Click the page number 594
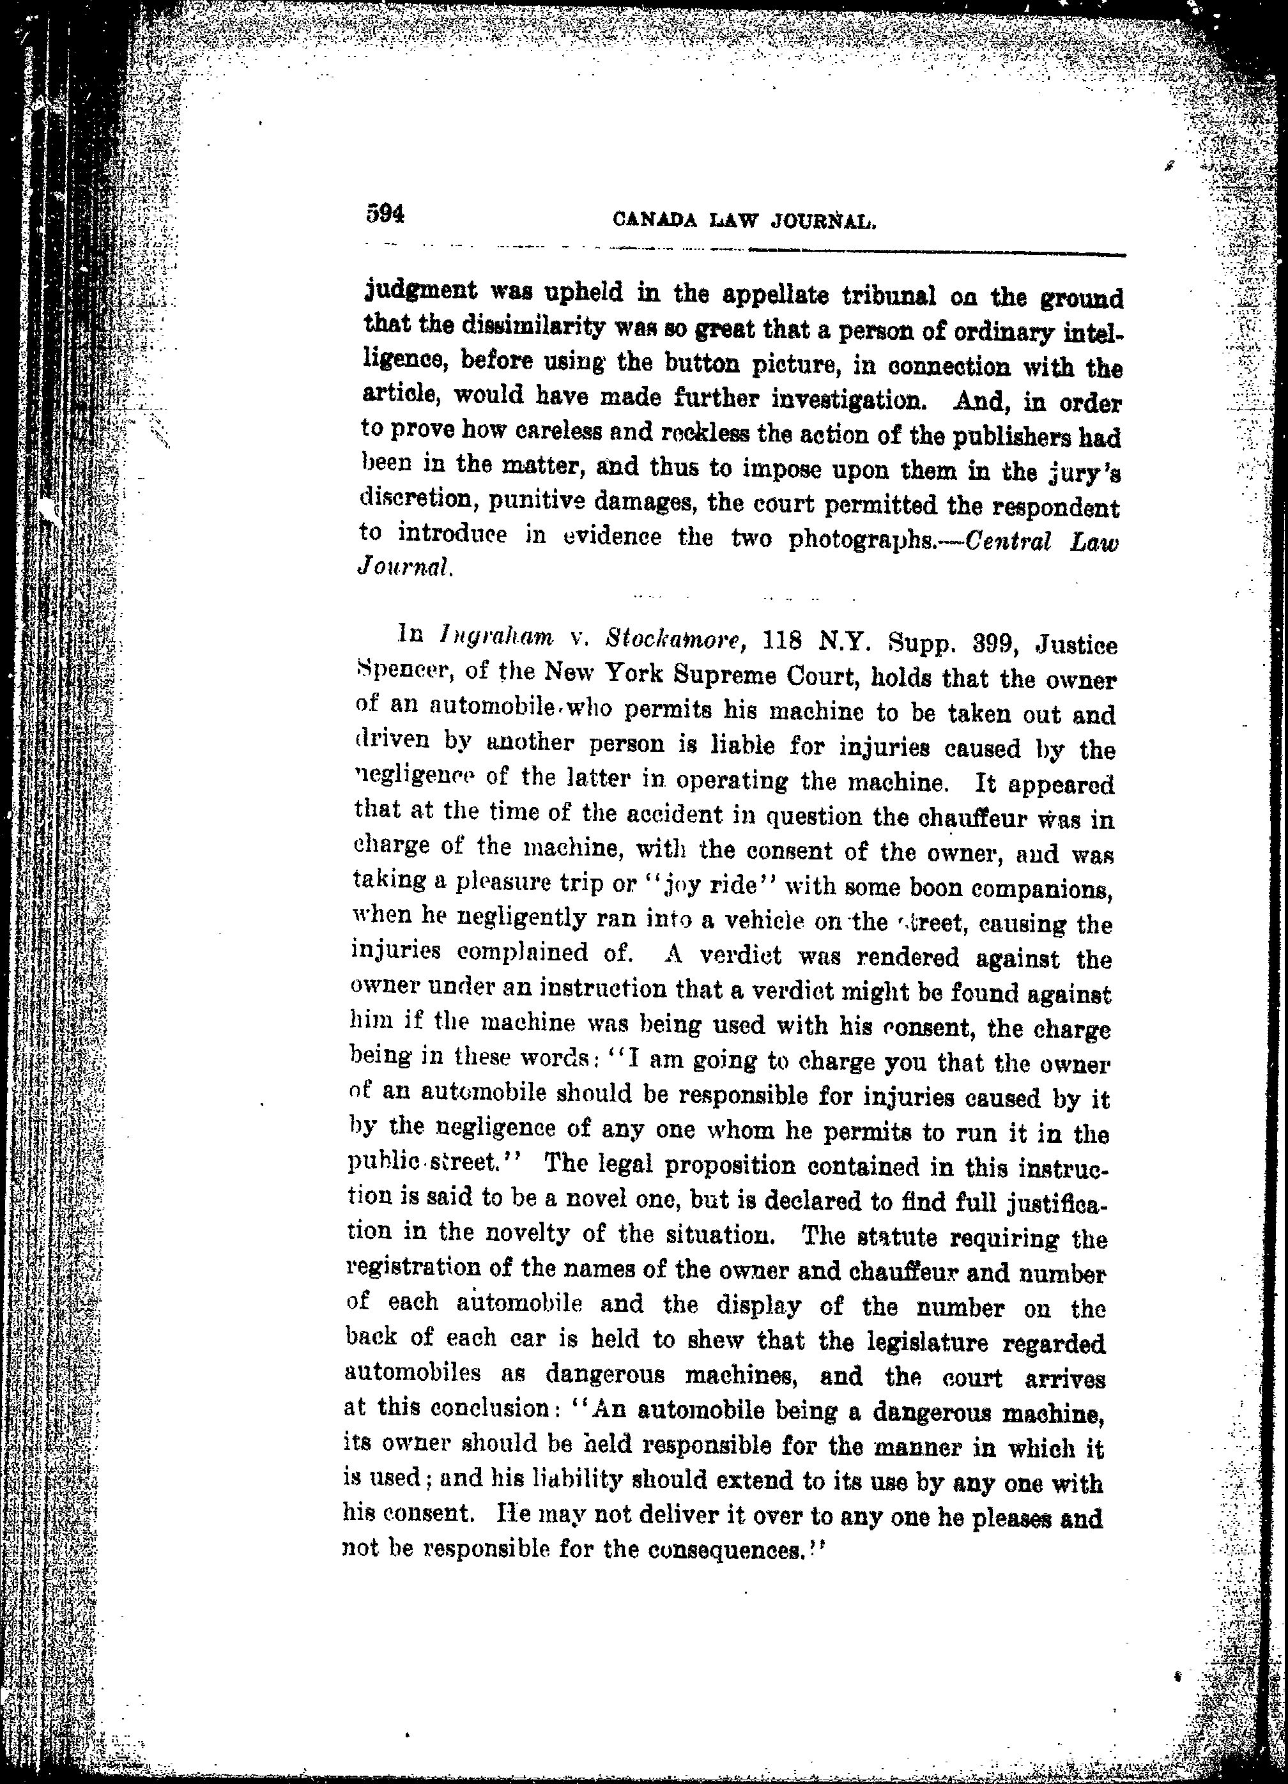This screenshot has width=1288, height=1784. [385, 214]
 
